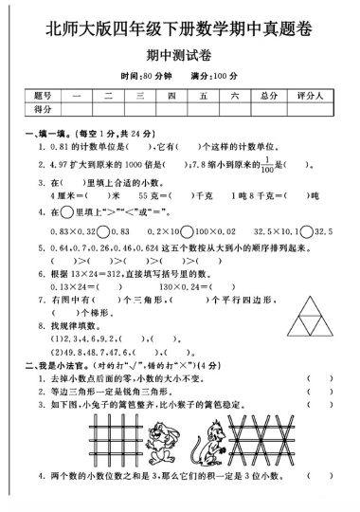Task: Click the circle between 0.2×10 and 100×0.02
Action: pos(189,230)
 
